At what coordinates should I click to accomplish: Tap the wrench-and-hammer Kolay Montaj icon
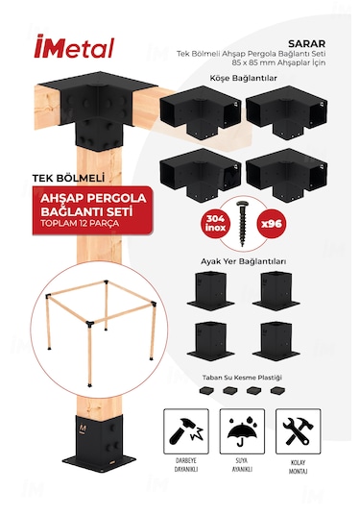[x=298, y=427]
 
